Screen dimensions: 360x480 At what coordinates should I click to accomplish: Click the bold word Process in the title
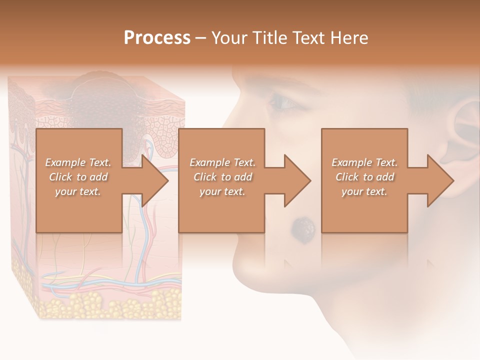click(x=157, y=38)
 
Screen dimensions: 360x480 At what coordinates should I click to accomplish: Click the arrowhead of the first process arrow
click(x=155, y=181)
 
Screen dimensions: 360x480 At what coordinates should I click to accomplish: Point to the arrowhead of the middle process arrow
click(x=298, y=181)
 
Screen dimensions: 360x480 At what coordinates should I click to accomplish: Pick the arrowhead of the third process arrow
click(x=440, y=181)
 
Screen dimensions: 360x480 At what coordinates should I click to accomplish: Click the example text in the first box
click(x=78, y=177)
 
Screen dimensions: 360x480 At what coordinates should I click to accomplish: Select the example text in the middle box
click(x=222, y=177)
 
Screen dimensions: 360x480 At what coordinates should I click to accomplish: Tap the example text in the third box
click(x=364, y=177)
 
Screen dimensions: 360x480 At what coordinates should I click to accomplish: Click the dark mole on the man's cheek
click(x=303, y=228)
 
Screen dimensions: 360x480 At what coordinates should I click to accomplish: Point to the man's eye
click(x=283, y=102)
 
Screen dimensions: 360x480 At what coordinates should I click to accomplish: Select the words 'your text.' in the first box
click(x=78, y=191)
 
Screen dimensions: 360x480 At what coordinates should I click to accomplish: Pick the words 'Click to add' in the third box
click(x=364, y=177)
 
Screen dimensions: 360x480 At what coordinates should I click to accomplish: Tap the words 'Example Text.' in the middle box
click(x=222, y=162)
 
